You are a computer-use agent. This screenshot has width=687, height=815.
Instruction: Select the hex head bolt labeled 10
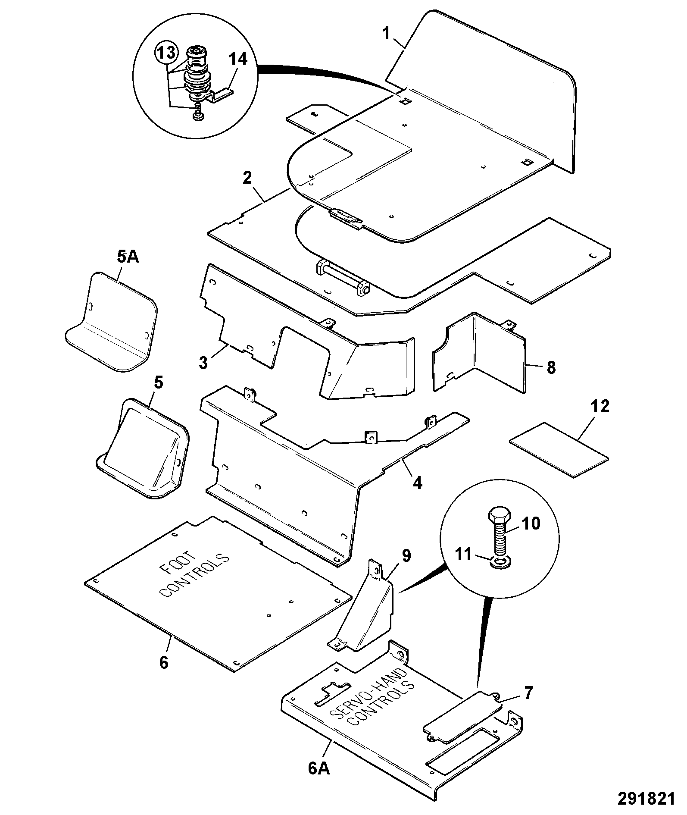500,533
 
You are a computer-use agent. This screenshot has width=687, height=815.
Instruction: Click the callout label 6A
319,768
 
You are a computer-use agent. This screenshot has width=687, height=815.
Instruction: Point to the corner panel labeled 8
479,353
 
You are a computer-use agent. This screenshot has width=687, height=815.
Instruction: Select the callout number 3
203,362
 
